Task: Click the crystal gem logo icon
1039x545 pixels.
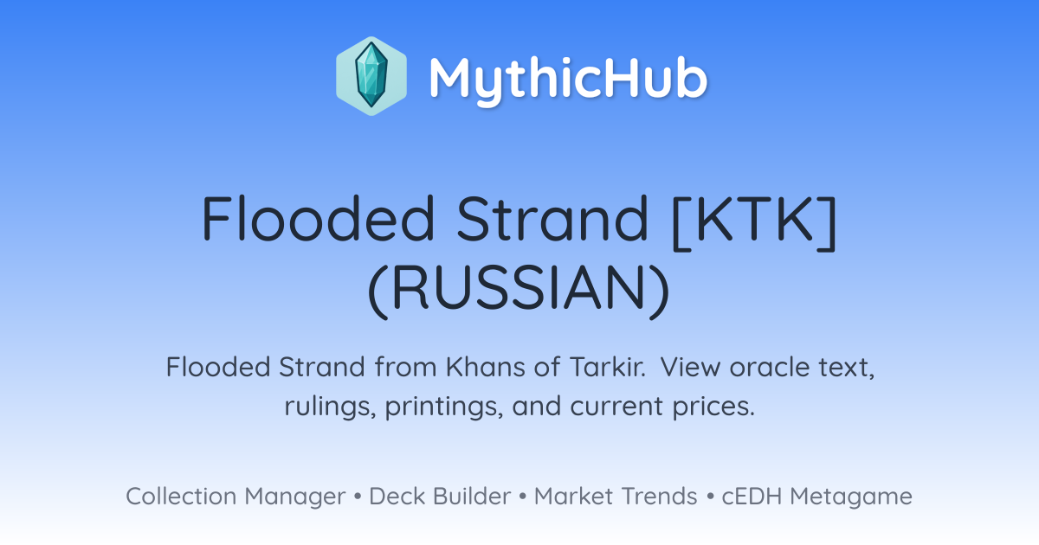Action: pos(371,76)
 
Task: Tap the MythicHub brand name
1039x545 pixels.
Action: pos(568,80)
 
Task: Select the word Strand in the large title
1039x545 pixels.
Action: pos(552,218)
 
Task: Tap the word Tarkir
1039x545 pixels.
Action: pos(608,367)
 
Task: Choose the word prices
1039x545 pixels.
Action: pos(713,407)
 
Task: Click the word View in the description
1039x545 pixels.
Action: pos(690,367)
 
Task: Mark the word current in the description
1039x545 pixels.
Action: pos(616,407)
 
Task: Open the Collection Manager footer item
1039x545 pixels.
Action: pos(236,497)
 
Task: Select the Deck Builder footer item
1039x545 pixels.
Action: pos(440,497)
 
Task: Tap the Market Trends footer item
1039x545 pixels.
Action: pos(616,497)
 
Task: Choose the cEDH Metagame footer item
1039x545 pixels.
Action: pos(816,497)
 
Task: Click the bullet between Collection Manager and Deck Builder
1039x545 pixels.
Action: pos(357,497)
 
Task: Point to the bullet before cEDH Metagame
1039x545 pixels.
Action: pos(710,497)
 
